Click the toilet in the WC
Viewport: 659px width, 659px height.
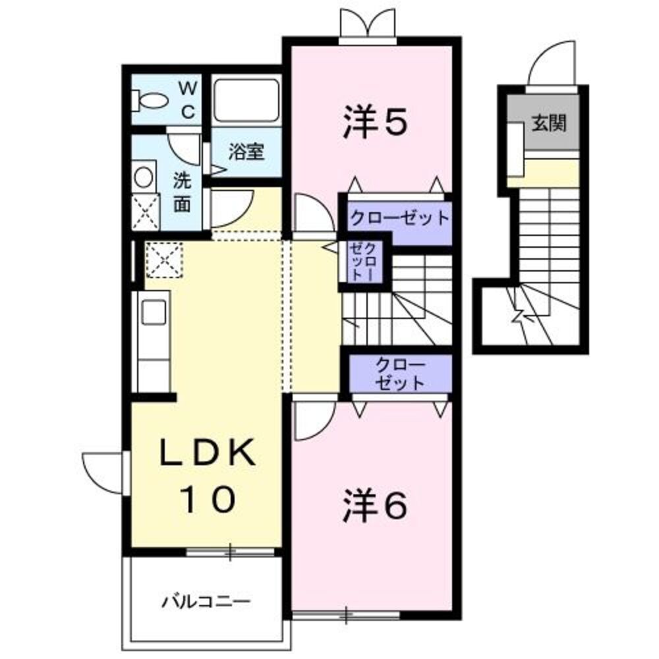pos(150,101)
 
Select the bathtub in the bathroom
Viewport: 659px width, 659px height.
pos(246,100)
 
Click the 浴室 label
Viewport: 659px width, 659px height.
pos(246,152)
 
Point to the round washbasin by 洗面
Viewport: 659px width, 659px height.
pos(143,177)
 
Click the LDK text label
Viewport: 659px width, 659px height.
pos(208,453)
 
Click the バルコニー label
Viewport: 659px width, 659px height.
pos(206,601)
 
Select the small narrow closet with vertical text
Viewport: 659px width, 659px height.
pos(364,262)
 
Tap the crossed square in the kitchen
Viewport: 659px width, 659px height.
pos(163,259)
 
